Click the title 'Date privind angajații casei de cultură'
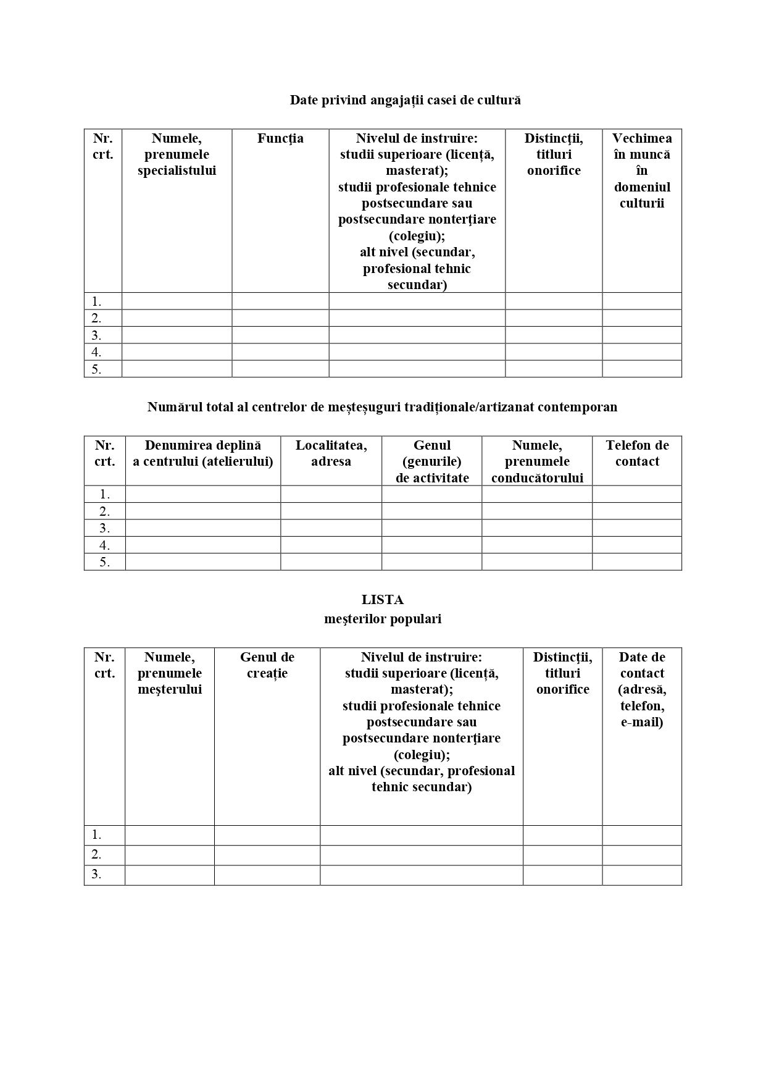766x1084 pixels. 405,100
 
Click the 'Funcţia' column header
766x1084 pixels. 280,138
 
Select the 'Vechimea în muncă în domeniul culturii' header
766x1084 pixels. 642,170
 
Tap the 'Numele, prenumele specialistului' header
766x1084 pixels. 177,154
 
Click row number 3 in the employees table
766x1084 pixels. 97,335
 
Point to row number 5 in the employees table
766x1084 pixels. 97,369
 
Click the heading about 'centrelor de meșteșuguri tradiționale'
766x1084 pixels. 382,407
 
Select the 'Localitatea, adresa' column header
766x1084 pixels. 331,453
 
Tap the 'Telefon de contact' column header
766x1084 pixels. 637,453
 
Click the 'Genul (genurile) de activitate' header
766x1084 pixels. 432,461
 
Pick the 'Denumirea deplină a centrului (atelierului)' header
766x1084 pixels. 203,453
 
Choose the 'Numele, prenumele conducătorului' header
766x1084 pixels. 537,461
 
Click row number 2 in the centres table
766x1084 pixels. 105,511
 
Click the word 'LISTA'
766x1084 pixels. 383,600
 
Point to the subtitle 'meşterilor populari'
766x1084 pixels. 383,619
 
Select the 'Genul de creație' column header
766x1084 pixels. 267,665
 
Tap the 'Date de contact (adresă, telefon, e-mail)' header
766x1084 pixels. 642,689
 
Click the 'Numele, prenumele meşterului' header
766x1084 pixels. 170,673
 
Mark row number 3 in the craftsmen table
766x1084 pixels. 97,875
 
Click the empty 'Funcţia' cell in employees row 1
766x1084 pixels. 280,301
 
